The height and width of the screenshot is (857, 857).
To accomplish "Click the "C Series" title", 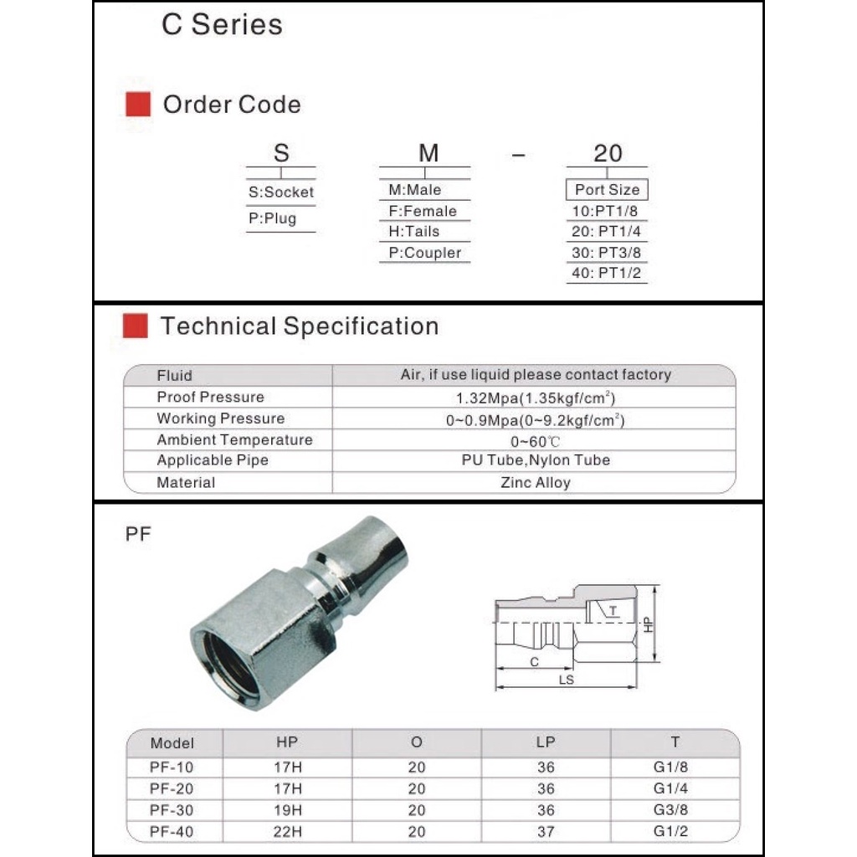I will [x=210, y=24].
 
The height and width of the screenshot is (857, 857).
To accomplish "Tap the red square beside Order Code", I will [x=137, y=105].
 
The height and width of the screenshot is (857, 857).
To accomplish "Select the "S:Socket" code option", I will [x=281, y=192].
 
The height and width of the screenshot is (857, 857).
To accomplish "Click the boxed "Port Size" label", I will [x=607, y=190].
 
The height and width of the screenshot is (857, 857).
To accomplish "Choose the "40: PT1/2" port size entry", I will [x=607, y=273].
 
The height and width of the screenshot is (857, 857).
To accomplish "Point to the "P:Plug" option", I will [x=272, y=218].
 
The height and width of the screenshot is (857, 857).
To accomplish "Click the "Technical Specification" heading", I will [x=299, y=326].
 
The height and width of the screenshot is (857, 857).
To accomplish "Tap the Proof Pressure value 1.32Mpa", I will [x=536, y=398].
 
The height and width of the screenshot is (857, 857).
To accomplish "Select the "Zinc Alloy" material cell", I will [x=536, y=482].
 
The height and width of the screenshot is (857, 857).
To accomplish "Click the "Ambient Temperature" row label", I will [x=234, y=439].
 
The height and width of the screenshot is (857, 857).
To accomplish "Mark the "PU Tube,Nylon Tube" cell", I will [x=536, y=460].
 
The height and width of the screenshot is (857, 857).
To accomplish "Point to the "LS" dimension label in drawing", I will [x=567, y=680].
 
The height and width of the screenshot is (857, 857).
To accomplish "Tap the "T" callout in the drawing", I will [x=613, y=611].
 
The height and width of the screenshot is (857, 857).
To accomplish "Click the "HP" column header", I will [x=287, y=742].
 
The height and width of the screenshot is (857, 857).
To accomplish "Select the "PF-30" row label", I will [x=172, y=810].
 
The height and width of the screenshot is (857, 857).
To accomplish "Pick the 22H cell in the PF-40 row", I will [x=287, y=832].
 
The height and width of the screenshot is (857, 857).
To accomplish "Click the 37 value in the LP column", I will [x=546, y=832].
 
